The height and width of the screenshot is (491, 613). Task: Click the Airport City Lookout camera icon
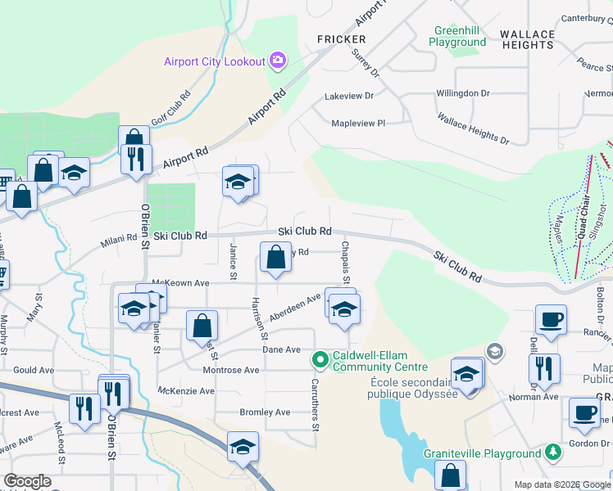coord(277,61)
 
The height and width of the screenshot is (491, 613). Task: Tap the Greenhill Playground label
coord(457,36)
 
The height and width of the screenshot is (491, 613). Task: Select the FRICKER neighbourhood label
coord(342,39)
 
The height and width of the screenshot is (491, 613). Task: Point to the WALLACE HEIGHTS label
coord(527,39)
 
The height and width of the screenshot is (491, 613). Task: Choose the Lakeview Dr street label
coord(349,96)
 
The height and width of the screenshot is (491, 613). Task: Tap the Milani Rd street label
coord(119,238)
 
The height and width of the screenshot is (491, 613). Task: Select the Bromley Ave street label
coord(265,412)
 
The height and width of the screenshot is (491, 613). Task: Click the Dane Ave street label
coord(281,349)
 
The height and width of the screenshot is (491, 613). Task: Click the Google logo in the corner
coord(27,481)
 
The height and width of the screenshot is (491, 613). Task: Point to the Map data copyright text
coord(562,484)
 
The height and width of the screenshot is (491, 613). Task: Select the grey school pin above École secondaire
coord(495,352)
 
